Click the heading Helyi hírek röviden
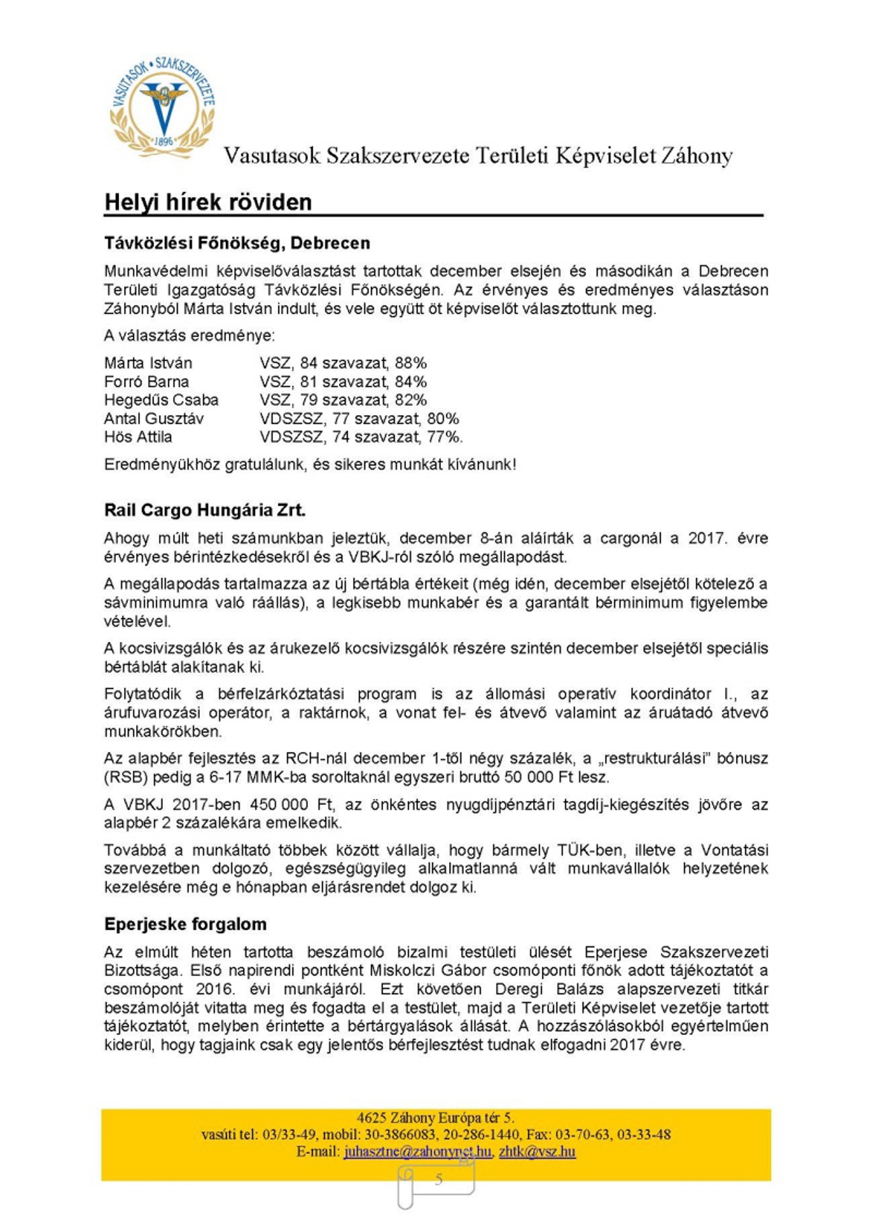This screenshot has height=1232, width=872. (x=208, y=202)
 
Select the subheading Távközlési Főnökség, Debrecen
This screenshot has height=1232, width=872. (x=237, y=243)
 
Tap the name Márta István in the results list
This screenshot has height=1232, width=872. (x=148, y=363)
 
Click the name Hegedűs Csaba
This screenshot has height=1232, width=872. (x=161, y=400)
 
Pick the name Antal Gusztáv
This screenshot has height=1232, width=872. (x=153, y=419)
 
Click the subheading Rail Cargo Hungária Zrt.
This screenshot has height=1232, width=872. (x=205, y=510)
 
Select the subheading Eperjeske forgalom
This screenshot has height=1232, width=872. (x=185, y=924)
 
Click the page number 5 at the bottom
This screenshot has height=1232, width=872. (x=438, y=1179)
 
